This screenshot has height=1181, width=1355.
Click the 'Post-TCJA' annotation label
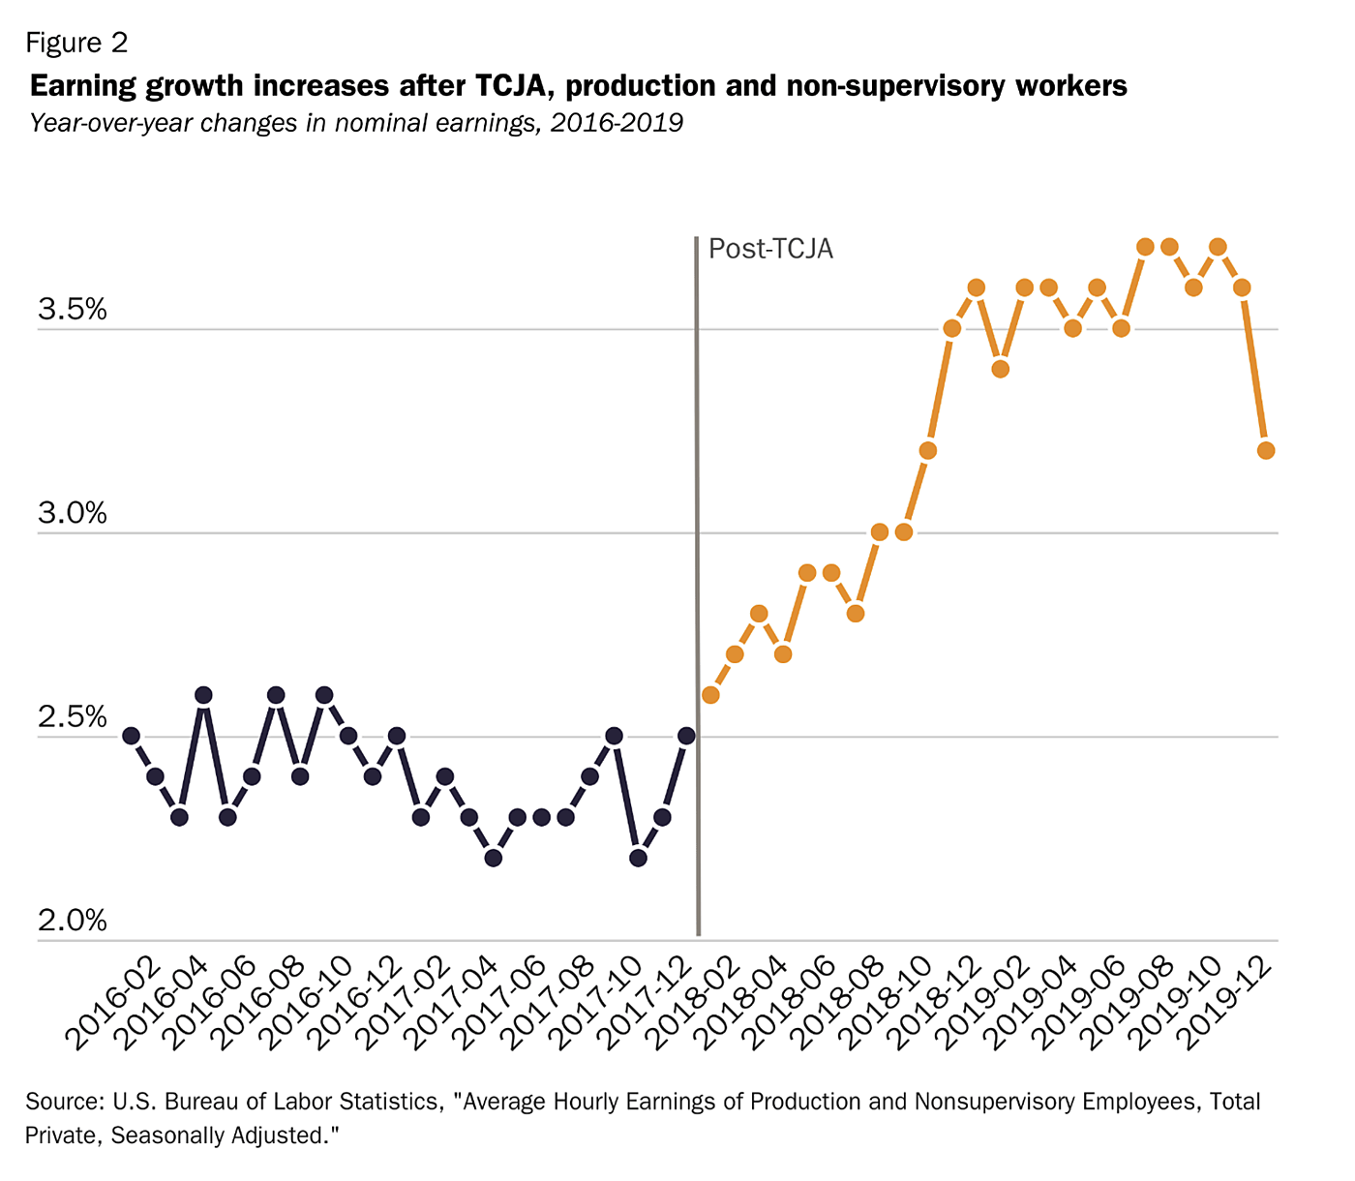coord(770,250)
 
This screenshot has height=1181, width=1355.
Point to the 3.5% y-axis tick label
coord(73,310)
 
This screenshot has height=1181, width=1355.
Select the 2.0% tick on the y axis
coord(73,921)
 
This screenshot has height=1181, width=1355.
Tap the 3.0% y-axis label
coord(73,513)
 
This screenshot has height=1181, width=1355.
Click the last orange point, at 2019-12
coord(1266,451)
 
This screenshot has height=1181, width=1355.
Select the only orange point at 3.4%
coord(1001,369)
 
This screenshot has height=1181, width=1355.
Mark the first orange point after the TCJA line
coord(710,695)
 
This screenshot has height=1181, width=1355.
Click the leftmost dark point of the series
coord(131,736)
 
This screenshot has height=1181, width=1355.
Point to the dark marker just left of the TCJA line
coord(686,736)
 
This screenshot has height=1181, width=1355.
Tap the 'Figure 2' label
coord(76,43)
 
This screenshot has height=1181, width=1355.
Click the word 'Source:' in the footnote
coord(64,1102)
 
